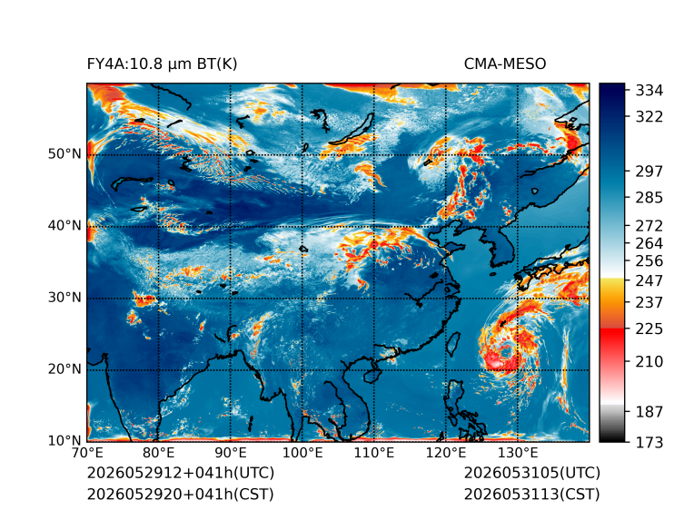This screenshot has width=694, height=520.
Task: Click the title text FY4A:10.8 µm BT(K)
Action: tap(162, 64)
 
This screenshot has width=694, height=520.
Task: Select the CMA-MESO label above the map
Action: tap(505, 64)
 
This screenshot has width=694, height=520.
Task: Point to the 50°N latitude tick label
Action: tap(64, 154)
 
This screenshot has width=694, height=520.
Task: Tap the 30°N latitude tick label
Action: tap(64, 297)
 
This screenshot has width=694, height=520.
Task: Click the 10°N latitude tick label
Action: tap(64, 440)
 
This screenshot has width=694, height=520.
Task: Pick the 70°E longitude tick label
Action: tap(87, 453)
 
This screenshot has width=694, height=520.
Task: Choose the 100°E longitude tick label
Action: tap(302, 453)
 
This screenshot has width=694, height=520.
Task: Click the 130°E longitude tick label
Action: tap(518, 453)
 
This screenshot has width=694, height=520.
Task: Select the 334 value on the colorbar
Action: tap(649, 90)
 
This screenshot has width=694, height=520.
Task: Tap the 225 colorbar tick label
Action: tap(649, 329)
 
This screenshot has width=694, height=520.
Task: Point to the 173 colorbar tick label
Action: tap(649, 442)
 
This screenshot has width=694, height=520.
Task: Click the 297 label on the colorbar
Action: tap(649, 172)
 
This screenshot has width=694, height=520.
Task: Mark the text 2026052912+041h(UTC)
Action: tap(181, 473)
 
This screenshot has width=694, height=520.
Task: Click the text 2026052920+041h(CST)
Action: tap(181, 495)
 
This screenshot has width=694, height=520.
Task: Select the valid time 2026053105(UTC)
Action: tap(532, 473)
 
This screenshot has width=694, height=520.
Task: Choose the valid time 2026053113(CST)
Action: tap(532, 495)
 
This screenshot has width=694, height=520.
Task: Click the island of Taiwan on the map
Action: tap(452, 344)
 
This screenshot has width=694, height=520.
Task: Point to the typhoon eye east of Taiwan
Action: tap(504, 352)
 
